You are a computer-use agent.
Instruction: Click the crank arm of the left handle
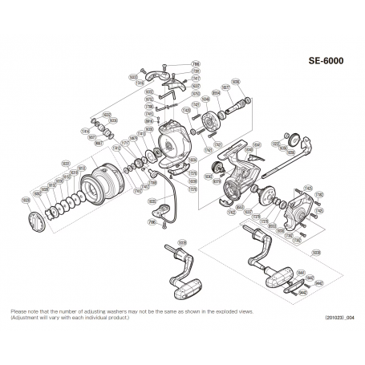tap(180, 261)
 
